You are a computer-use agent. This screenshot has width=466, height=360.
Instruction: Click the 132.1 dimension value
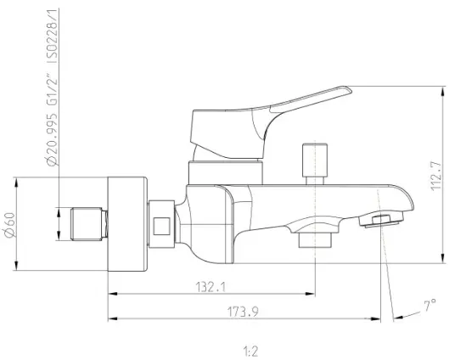tap(211, 287)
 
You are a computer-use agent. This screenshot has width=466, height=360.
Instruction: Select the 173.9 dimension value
tap(243, 312)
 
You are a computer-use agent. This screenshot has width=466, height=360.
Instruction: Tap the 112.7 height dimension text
tap(436, 176)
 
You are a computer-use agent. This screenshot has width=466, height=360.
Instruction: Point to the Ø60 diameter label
tap(10, 225)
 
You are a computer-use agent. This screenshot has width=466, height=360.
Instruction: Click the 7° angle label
tap(430, 306)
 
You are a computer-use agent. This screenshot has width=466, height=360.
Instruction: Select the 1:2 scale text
tap(250, 351)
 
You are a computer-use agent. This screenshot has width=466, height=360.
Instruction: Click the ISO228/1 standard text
tap(53, 36)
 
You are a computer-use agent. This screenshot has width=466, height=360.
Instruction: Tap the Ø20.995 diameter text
tap(53, 139)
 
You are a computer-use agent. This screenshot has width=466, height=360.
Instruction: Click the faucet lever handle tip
tap(350, 89)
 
